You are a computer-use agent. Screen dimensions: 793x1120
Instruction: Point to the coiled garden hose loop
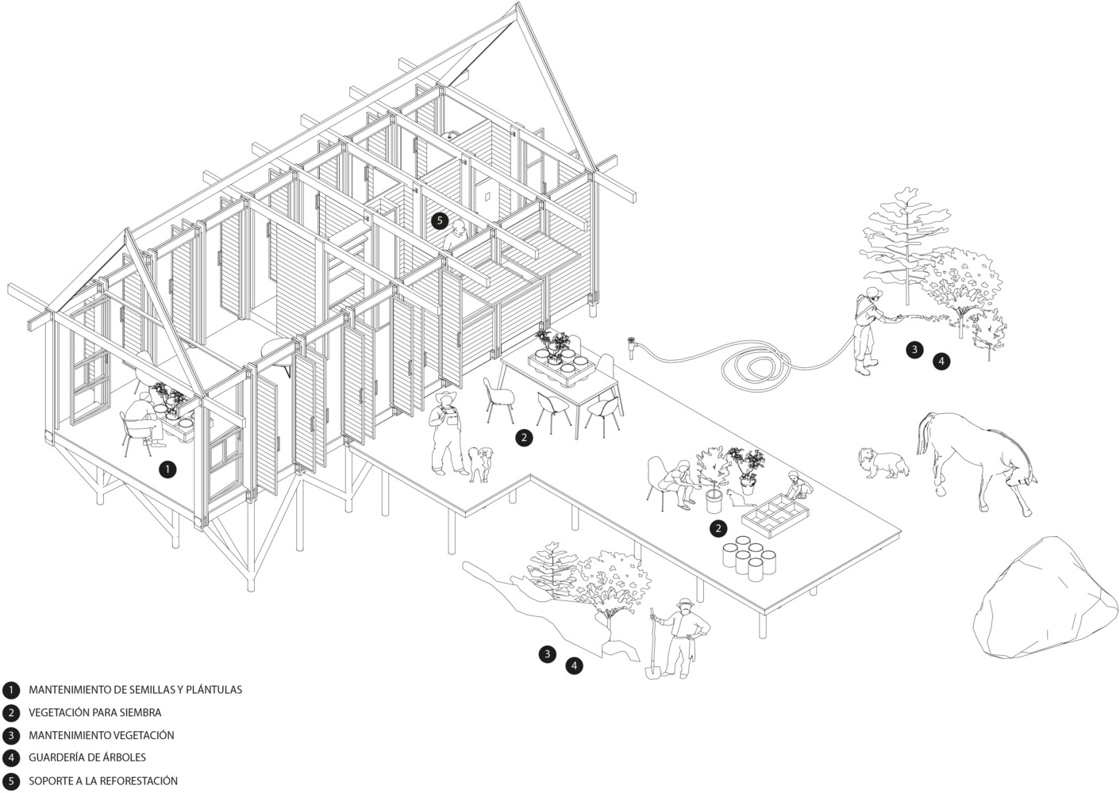click(x=755, y=366)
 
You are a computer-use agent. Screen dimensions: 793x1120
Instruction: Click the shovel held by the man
click(x=652, y=646)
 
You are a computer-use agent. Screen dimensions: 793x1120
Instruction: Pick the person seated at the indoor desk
click(x=141, y=421)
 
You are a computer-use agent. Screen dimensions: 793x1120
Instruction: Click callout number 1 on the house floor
click(x=167, y=469)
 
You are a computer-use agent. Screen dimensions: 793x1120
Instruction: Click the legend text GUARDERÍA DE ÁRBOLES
click(x=87, y=758)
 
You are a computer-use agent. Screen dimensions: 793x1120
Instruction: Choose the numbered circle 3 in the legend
click(x=11, y=735)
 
